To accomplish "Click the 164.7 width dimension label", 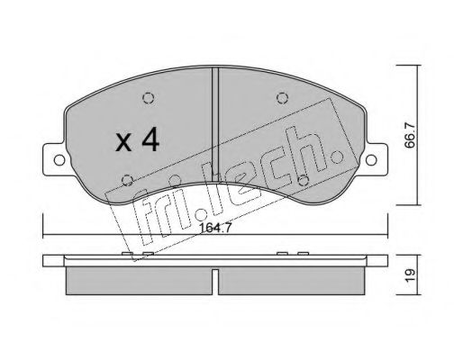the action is (215, 229).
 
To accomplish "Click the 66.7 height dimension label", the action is (410, 135).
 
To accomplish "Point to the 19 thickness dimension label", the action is (410, 274).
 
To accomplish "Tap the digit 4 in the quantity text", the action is (150, 139).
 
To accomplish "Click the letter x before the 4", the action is (123, 142).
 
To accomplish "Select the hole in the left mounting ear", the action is (59, 160).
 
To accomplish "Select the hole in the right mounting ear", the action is (371, 160).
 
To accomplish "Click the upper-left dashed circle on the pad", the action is (149, 98).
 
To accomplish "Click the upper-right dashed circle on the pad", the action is (282, 98).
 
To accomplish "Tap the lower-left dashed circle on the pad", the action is (128, 180).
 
